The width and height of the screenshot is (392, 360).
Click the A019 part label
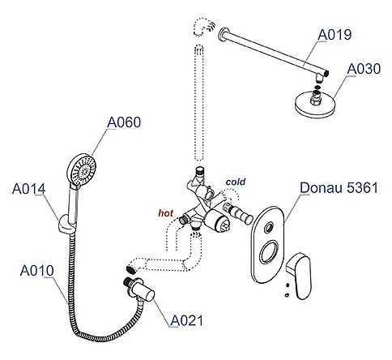click(x=334, y=35)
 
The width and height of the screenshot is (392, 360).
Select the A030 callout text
click(x=364, y=69)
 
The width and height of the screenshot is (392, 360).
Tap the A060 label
click(x=124, y=122)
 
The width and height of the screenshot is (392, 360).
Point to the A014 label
click(x=28, y=189)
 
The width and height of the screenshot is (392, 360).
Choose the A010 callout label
click(x=37, y=271)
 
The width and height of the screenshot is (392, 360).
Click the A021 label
click(x=186, y=321)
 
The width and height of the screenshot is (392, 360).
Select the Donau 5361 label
click(x=339, y=187)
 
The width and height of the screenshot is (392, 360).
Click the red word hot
click(x=165, y=213)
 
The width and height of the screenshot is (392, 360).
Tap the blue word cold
click(x=236, y=182)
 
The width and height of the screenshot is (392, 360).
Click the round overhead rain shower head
click(x=315, y=104)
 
